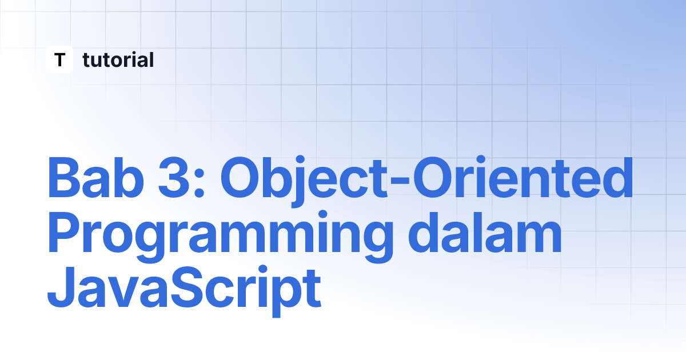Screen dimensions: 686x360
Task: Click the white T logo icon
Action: tap(59, 59)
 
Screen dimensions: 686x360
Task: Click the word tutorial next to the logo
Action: tap(118, 59)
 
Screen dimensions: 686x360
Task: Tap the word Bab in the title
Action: tap(96, 178)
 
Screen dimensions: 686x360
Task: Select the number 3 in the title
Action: tap(173, 178)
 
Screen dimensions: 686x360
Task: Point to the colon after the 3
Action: tap(200, 183)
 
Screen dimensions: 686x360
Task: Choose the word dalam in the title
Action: tap(485, 232)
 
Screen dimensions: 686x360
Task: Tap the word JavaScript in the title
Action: tap(184, 291)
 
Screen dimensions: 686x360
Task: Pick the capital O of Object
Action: tap(241, 178)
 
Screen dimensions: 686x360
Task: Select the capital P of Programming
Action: tap(66, 232)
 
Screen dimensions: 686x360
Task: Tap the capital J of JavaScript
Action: tap(61, 286)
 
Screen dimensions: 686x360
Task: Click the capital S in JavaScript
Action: tap(186, 286)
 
